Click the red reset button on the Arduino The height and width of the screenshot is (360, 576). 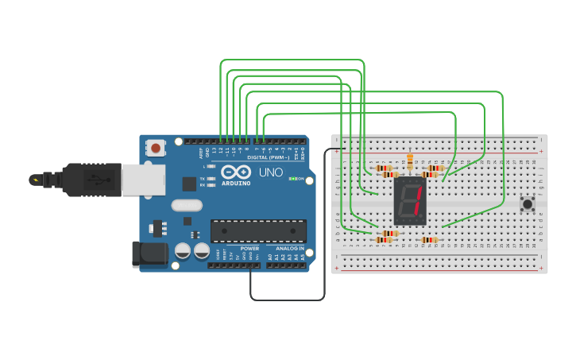(156, 147)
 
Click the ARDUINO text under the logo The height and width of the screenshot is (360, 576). (236, 183)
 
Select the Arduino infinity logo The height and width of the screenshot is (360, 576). (236, 172)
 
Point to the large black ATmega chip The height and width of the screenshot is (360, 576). (258, 230)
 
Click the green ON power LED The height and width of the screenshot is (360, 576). (292, 179)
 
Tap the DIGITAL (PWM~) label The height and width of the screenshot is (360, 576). (268, 157)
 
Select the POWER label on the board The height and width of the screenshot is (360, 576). (249, 248)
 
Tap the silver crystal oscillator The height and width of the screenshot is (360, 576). (187, 205)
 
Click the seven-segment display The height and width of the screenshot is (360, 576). (410, 200)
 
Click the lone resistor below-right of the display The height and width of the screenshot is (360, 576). (429, 240)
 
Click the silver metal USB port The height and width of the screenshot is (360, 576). (143, 180)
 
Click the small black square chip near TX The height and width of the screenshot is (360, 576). (189, 184)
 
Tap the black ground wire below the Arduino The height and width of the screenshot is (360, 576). (286, 300)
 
